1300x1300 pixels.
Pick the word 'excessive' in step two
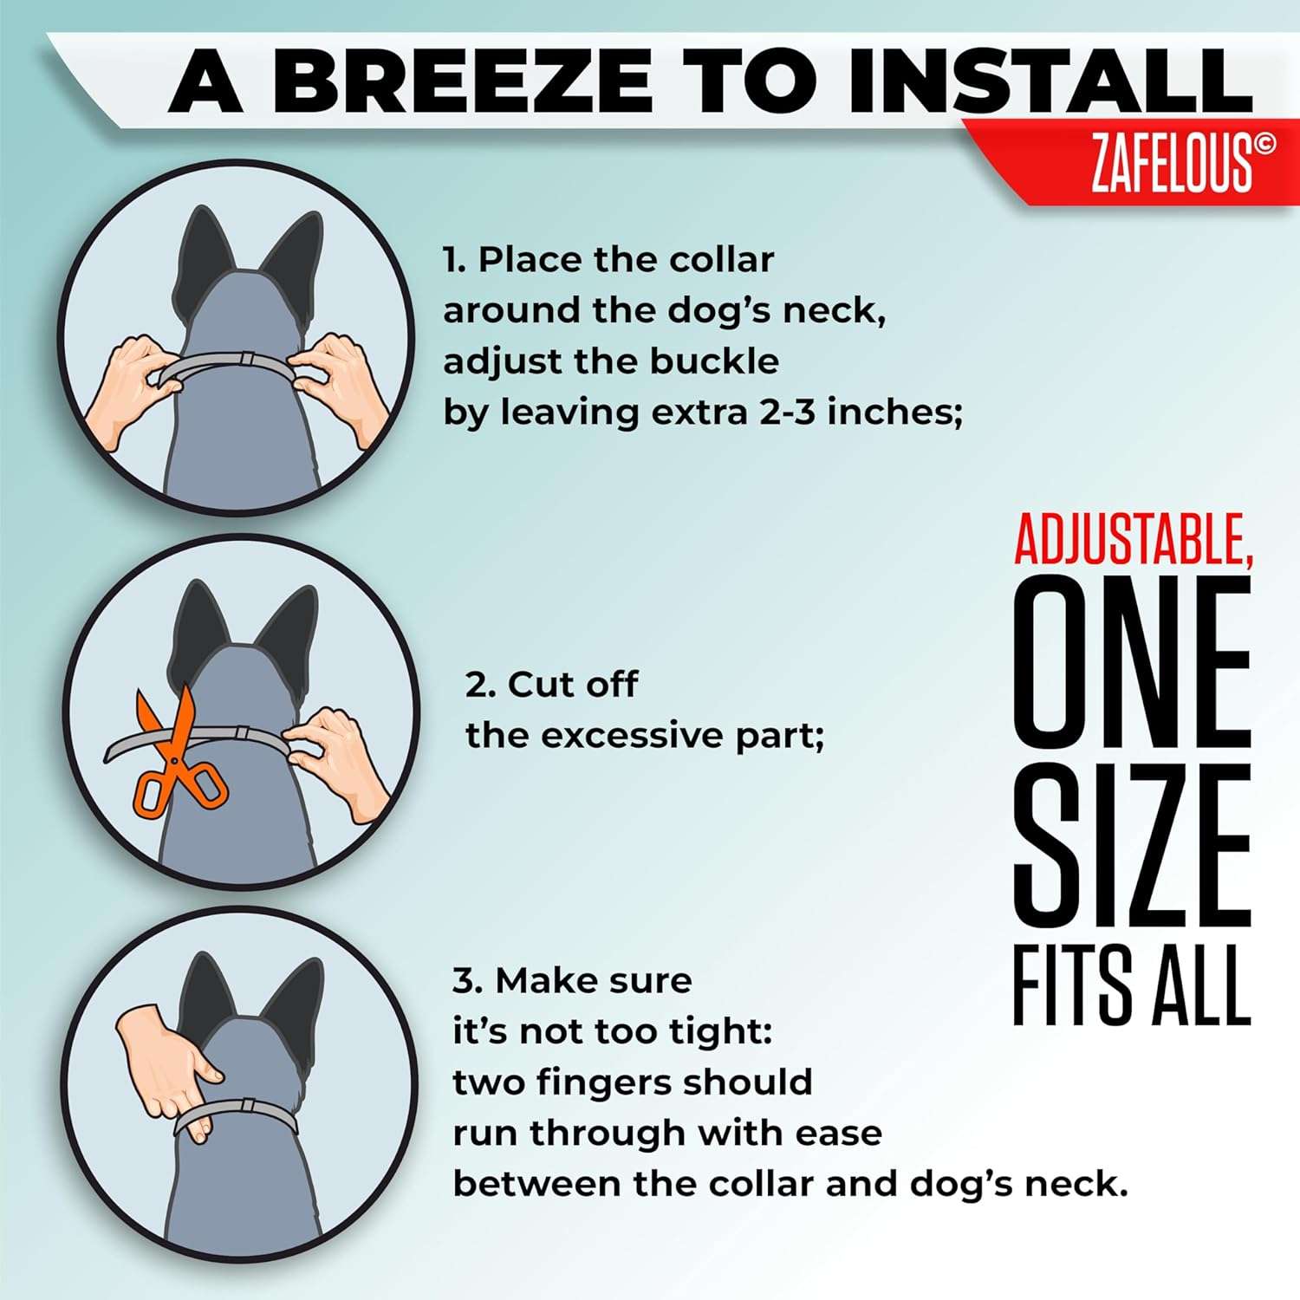(x=633, y=736)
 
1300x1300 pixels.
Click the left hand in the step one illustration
(x=130, y=381)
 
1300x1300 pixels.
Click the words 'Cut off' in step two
(x=572, y=685)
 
